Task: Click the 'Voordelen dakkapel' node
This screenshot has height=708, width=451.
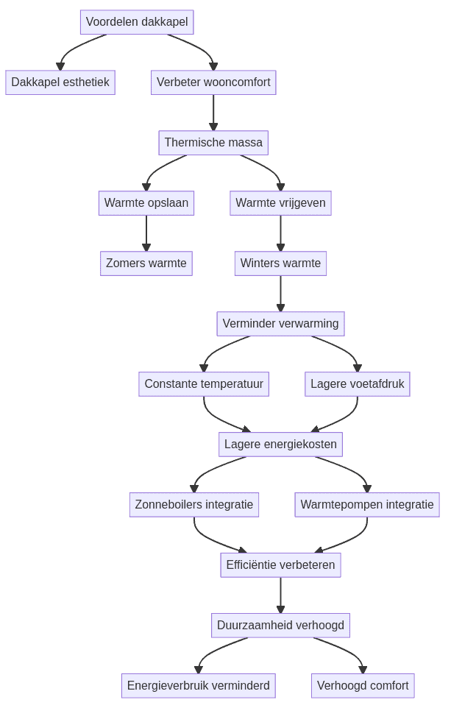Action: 137,22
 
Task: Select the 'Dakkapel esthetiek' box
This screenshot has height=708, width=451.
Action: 60,82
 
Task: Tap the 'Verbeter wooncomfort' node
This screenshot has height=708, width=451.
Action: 213,82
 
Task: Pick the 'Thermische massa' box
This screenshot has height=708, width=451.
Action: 213,143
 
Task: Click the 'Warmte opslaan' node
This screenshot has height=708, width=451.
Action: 146,203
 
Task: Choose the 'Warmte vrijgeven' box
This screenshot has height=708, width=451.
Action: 280,203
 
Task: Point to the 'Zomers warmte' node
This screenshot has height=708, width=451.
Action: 146,263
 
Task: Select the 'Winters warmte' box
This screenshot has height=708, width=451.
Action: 280,263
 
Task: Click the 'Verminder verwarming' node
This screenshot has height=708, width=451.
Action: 280,324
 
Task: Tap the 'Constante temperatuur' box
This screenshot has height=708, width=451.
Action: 204,384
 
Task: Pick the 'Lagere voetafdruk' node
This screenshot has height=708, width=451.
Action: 357,384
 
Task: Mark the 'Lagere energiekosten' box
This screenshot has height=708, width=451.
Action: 280,445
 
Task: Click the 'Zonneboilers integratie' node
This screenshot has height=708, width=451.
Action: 194,505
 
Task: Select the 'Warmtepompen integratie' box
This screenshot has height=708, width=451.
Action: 367,505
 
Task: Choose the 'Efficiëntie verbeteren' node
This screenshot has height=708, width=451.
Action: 280,565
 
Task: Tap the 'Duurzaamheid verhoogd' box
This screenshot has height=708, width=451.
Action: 280,626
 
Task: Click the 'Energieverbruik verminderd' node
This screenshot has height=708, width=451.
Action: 198,686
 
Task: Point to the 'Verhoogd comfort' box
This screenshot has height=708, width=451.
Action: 363,686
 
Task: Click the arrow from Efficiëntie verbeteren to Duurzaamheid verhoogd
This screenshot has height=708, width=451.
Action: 280,595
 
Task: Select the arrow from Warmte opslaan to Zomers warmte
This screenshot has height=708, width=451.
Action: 146,233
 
